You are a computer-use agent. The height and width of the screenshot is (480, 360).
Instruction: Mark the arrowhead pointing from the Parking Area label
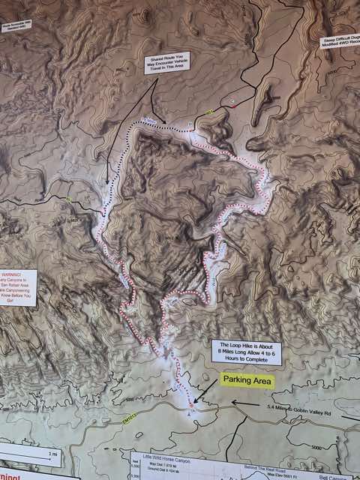196,399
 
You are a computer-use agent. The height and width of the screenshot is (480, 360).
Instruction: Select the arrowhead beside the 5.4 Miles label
233,403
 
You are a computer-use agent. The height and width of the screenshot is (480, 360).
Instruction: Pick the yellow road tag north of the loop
210,113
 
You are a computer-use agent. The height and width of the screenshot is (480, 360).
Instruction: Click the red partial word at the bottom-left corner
9,475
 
